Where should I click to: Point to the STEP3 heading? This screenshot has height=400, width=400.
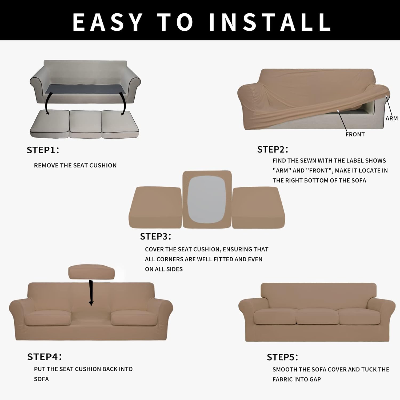tap(155, 237)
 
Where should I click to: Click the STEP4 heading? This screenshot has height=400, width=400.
tap(44, 357)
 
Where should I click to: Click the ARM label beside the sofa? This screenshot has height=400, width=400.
tap(391, 118)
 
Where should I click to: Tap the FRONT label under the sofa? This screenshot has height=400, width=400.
tap(355, 134)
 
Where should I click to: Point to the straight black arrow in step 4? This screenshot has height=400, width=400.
tap(91, 292)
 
